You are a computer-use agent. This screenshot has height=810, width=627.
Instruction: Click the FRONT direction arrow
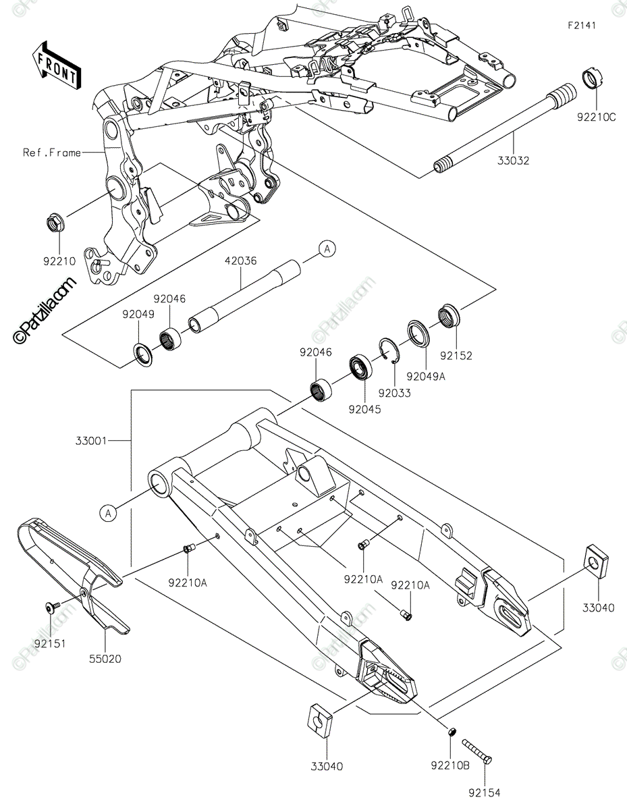point(56,65)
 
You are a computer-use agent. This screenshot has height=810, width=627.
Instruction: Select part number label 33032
point(514,161)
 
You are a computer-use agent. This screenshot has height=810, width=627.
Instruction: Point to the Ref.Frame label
point(51,153)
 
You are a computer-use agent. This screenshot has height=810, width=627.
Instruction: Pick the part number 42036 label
point(241,260)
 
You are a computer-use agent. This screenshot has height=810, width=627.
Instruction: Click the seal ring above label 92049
point(143,353)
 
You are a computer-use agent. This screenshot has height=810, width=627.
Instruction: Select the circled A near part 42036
point(327,250)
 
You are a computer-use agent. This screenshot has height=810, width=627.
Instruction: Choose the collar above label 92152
point(449,316)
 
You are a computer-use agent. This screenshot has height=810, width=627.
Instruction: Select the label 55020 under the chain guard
point(105,658)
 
